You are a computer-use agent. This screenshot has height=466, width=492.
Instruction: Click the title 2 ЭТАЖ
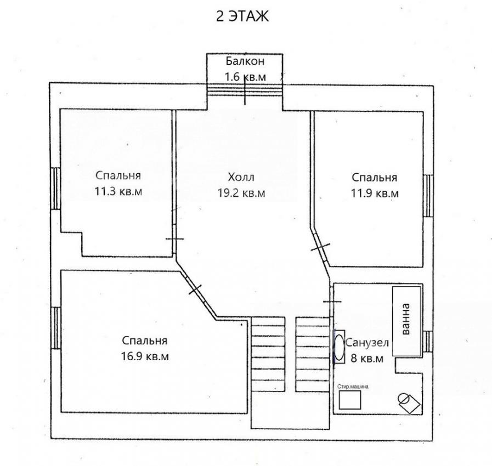coord(242,16)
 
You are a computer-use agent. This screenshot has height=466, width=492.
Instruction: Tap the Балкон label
coord(245,61)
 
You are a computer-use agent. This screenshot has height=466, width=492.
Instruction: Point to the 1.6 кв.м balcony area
coord(245,77)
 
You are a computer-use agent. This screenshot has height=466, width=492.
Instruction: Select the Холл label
coord(241,177)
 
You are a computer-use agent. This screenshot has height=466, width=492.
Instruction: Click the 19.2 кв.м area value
coord(241,193)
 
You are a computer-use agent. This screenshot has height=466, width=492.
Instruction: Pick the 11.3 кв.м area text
coord(118,191)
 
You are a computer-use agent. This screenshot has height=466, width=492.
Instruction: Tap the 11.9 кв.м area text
coord(375,193)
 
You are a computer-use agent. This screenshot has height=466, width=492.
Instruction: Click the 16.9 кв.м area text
coord(145,356)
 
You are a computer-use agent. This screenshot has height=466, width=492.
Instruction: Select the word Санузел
coord(367,343)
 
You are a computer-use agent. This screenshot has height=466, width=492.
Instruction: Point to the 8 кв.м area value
coord(367,358)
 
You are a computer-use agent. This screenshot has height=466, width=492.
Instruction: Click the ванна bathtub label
coord(406,319)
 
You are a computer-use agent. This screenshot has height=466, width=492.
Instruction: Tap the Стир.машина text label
coord(353,387)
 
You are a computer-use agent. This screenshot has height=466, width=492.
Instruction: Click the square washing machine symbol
coord(350,400)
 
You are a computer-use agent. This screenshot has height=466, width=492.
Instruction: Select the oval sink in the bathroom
coord(339,347)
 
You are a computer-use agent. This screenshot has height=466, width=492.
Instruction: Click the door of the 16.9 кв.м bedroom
coord(195,289)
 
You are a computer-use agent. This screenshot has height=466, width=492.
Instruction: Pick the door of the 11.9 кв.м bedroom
coord(321,247)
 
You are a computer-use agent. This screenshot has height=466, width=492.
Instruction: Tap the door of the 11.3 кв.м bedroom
coord(174,239)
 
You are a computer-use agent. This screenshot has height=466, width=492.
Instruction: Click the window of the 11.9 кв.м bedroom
coord(428,196)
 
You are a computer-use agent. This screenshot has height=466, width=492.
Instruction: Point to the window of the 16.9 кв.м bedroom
coord(55,328)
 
